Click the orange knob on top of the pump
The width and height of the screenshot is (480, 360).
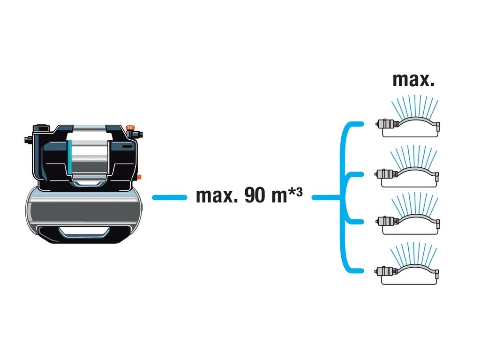(x=131, y=127)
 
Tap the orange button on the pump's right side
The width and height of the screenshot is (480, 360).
(x=139, y=177)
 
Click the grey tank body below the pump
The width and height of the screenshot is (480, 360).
(x=84, y=206)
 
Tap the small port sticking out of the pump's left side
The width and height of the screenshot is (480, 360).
(x=27, y=140)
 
